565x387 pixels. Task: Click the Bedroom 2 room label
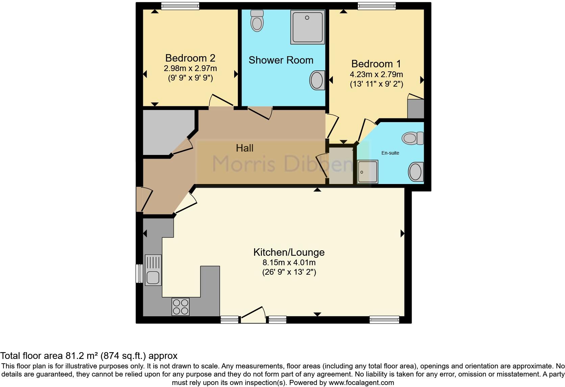[190, 58]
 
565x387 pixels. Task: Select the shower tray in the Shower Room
[308, 27]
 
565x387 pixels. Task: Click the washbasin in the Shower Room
[317, 80]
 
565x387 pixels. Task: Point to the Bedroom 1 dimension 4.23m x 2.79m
[376, 74]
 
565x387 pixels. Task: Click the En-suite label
[390, 153]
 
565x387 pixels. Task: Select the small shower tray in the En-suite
[367, 172]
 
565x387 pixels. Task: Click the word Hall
[245, 148]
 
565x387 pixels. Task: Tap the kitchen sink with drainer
[153, 270]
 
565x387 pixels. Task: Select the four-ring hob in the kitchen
[180, 306]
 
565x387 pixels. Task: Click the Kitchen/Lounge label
[289, 252]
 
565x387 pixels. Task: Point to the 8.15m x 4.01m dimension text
[289, 262]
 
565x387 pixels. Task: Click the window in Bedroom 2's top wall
[180, 6]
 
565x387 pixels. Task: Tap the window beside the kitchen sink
[139, 273]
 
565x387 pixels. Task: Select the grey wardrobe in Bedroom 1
[415, 108]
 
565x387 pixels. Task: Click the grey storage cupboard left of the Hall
[166, 132]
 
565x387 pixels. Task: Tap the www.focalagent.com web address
[361, 383]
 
